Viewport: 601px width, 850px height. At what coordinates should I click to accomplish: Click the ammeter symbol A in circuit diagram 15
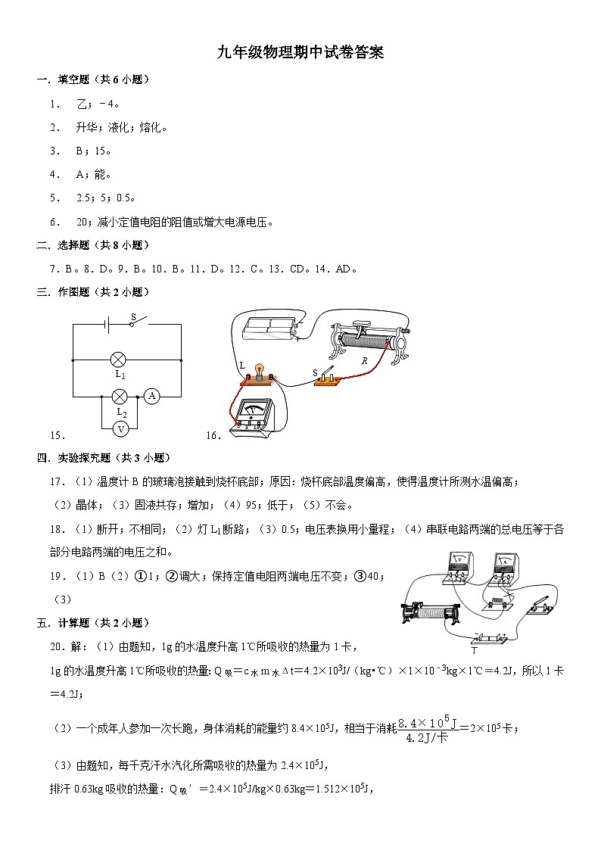(151, 396)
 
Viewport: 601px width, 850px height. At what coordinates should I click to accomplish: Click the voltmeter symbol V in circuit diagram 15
(119, 428)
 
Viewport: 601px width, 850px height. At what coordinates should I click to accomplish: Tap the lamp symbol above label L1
(119, 360)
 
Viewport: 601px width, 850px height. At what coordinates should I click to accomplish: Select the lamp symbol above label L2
(119, 396)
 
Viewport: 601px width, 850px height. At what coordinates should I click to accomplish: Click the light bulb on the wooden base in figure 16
(259, 370)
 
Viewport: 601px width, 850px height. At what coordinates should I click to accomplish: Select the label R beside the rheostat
(364, 361)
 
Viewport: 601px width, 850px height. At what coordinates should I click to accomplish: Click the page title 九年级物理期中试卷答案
(300, 52)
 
